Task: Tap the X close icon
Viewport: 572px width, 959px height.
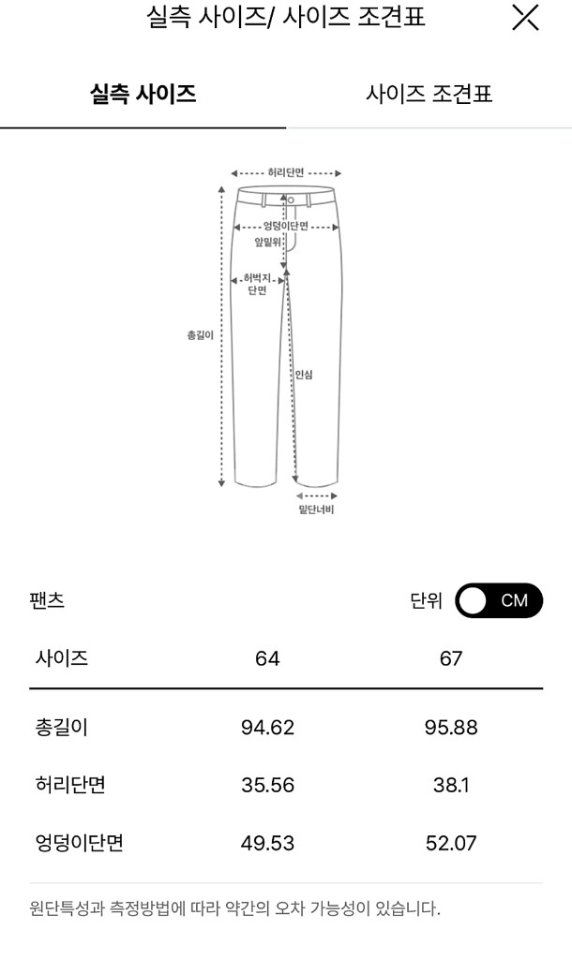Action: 525,17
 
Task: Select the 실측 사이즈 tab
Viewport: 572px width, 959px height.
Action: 143,95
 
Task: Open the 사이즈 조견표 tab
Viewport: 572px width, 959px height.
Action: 429,95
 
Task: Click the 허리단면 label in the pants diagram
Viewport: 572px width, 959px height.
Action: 286,173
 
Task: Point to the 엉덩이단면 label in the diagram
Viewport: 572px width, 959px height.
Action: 286,227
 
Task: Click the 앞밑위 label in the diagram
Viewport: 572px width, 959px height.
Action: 267,243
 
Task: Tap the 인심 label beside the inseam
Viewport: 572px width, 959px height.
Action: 304,375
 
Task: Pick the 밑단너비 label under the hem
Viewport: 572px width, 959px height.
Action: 316,509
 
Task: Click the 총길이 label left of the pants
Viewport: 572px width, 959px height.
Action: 201,335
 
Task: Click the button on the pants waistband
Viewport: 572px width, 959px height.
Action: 291,200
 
